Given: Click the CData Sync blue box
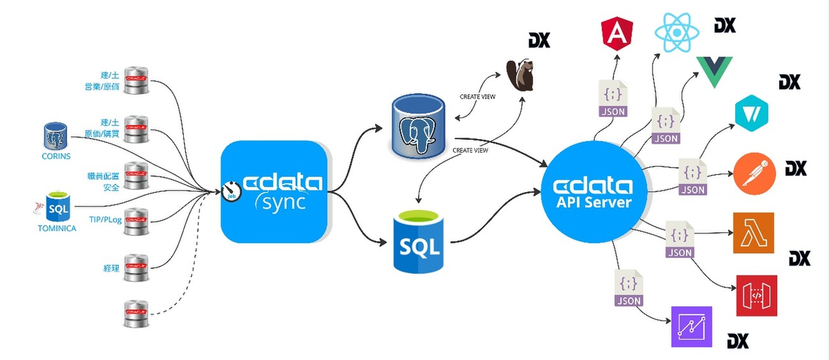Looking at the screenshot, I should [x=274, y=192].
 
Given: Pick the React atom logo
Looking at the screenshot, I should [x=678, y=32].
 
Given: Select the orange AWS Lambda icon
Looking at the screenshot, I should [x=754, y=233].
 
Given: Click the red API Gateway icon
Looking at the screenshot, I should [x=756, y=295].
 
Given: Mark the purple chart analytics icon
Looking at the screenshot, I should [x=692, y=326].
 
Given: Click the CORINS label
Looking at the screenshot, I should [x=56, y=155].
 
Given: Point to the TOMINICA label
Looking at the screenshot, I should [x=57, y=227].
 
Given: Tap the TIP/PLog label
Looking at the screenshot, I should [x=104, y=220].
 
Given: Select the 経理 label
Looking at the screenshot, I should [x=111, y=266].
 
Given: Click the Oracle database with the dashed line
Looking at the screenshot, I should [x=136, y=314].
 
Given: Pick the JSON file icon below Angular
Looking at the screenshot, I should [x=610, y=101].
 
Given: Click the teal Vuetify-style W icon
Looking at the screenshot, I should [x=752, y=113].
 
